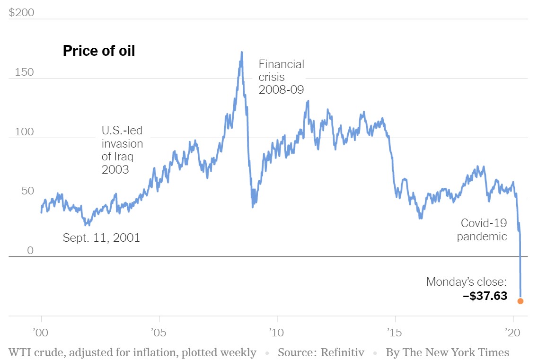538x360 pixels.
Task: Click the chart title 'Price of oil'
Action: pos(99,51)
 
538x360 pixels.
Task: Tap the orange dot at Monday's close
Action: pos(520,301)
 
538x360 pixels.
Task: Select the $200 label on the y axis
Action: pos(22,13)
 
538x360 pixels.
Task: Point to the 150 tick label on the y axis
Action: pos(24,72)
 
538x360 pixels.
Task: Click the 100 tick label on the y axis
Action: pos(24,132)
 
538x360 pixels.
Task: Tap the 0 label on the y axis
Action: pos(30,250)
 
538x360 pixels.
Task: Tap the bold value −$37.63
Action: pos(485,296)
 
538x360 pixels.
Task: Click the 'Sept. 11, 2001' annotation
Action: pos(101,237)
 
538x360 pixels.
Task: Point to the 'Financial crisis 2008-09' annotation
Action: pos(281,77)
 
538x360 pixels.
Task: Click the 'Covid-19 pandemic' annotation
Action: pos(482,229)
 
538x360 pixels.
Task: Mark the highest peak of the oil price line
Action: pos(242,53)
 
